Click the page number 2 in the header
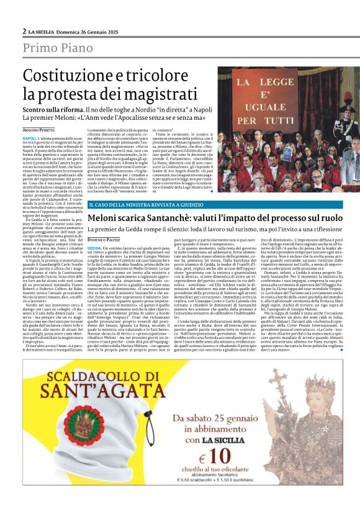pos(24,31)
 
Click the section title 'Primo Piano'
pos(60,48)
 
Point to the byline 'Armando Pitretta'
pos(38,129)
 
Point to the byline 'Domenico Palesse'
pos(103,238)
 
